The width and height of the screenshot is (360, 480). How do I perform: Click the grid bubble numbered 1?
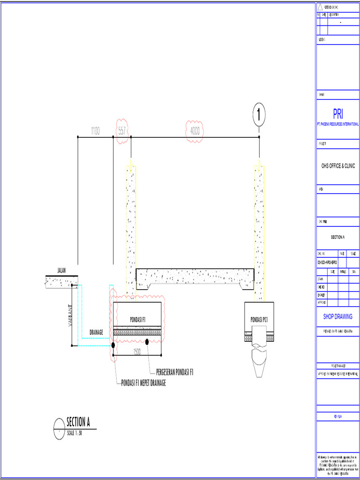259,114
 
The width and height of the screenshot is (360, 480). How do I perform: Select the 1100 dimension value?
95,132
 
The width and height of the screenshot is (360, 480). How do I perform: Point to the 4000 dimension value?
195,132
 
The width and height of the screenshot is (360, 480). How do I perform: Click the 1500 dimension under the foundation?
137,352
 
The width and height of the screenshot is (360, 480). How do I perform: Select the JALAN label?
61,271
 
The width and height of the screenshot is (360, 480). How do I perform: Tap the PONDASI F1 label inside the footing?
138,319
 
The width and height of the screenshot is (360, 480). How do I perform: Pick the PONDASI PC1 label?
259,319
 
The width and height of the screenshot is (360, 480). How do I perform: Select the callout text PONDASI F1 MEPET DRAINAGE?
143,382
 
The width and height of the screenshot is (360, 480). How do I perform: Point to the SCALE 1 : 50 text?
75,433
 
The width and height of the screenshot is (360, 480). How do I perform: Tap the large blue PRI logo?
338,114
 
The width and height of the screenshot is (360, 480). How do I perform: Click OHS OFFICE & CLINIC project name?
338,166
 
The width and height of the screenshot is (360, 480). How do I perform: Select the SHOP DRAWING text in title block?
338,317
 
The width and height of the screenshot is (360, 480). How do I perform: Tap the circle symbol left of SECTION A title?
59,428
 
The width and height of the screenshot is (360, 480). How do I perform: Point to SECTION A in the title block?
338,237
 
